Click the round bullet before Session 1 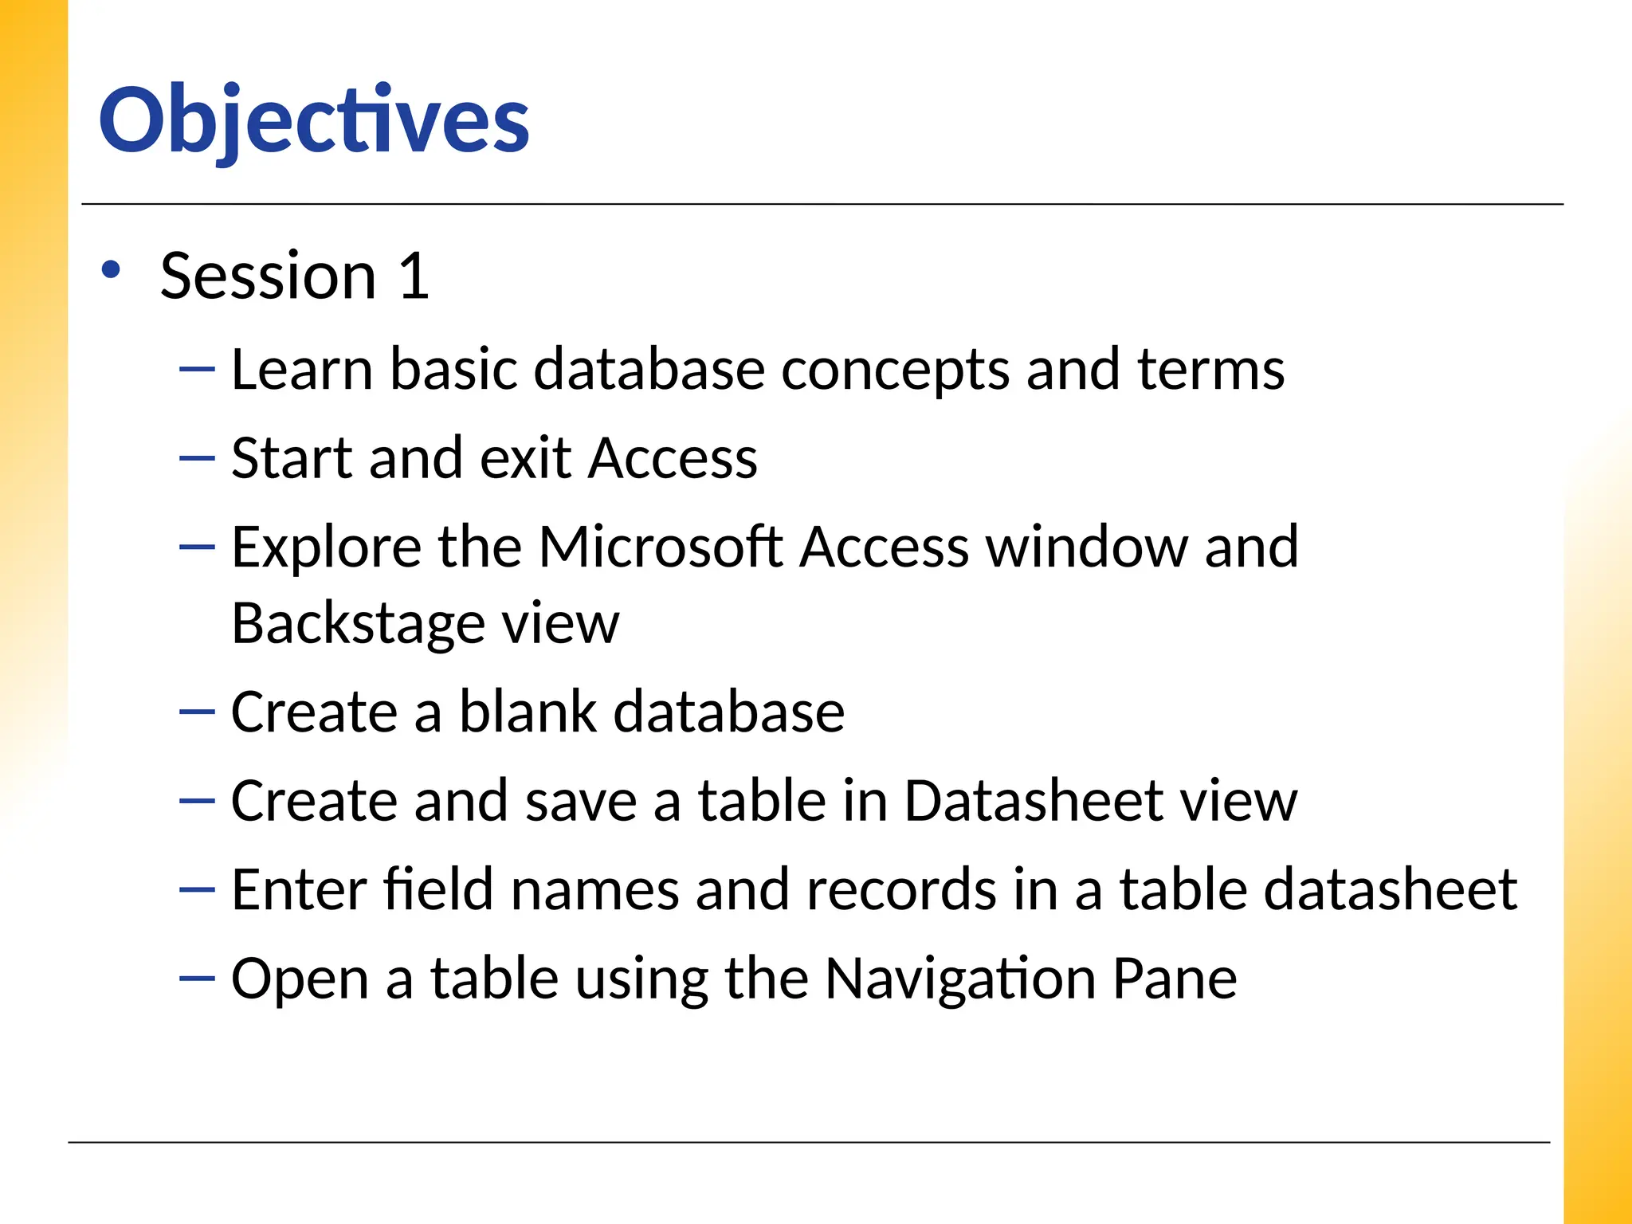click(111, 270)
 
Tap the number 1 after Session click(414, 276)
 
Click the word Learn click(301, 370)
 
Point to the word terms click(1210, 370)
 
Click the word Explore click(325, 549)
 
